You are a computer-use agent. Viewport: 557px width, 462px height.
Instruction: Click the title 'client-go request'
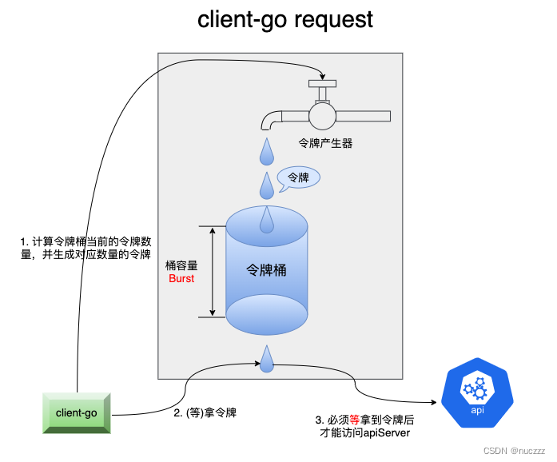[x=285, y=19]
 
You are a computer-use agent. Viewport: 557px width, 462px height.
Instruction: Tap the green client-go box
[x=76, y=412]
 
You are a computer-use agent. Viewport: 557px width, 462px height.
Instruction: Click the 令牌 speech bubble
[x=297, y=177]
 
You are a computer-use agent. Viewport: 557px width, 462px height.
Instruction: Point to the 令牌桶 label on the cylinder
[x=266, y=270]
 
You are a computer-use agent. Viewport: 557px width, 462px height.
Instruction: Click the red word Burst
[x=181, y=279]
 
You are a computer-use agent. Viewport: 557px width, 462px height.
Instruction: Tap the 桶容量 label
[x=181, y=265]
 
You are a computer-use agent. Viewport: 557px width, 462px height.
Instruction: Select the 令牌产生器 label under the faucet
[x=325, y=144]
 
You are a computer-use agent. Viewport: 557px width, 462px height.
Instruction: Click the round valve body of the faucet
[x=323, y=116]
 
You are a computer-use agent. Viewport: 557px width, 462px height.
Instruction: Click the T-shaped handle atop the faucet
[x=322, y=84]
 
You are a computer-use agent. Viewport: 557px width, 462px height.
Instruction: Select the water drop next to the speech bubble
[x=266, y=185]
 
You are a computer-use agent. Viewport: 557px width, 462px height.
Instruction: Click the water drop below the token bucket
[x=266, y=360]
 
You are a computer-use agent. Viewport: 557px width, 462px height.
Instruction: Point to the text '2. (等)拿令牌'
[x=205, y=413]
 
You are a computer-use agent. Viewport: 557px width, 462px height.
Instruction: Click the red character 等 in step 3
[x=354, y=420]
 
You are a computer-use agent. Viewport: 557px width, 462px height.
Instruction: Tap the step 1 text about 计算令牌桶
[x=86, y=248]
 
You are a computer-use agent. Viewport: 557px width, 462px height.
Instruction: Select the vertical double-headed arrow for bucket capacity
[x=212, y=271]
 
